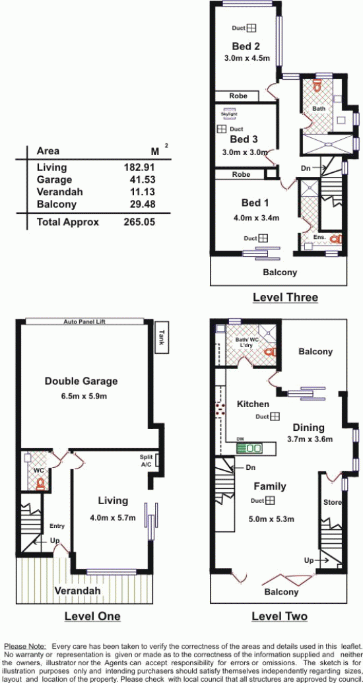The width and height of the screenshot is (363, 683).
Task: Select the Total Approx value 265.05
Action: (139, 222)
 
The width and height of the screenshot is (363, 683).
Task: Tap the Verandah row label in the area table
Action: (59, 191)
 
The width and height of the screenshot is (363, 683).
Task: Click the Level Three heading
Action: (285, 298)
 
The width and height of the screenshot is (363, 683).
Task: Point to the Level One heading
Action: (92, 616)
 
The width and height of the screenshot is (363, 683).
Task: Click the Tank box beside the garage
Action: (162, 339)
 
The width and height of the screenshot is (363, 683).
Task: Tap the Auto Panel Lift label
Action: (84, 322)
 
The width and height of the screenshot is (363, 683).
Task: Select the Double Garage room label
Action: (81, 381)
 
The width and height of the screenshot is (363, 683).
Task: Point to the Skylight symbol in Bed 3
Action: (230, 112)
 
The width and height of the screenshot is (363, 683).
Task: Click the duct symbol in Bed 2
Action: (251, 28)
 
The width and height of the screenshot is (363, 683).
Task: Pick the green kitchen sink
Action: (249, 448)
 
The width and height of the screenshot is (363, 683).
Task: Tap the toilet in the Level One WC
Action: (41, 484)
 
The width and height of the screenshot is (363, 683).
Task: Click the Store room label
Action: (333, 503)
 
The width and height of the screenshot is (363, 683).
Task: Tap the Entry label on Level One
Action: (57, 526)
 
